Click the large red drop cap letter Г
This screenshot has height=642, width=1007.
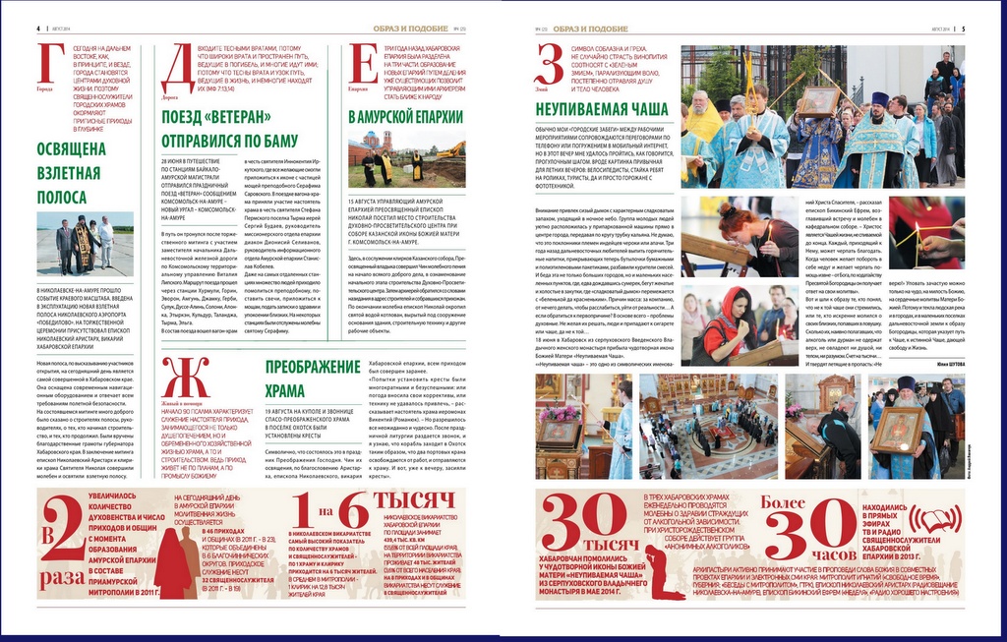click(x=50, y=65)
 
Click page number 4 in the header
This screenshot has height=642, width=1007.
click(x=38, y=29)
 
